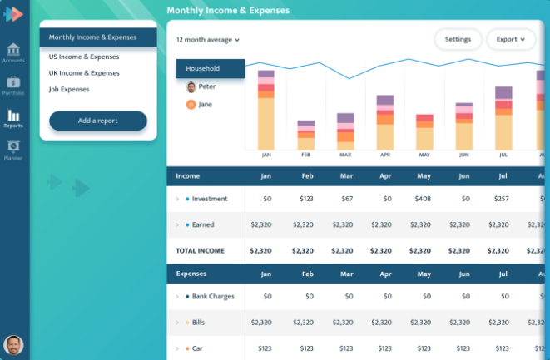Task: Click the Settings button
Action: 458,39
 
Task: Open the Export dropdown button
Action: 511,39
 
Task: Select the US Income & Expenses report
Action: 84,57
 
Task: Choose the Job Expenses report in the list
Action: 69,90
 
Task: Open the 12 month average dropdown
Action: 208,40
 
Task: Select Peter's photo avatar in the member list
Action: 191,87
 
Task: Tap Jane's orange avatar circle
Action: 191,105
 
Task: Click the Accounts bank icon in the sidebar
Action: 13,49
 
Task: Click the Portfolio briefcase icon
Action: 13,82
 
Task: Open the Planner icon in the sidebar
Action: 13,145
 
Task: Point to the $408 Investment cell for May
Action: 423,199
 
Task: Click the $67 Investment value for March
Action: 347,199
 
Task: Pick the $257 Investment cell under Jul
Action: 501,199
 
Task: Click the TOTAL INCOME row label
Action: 200,251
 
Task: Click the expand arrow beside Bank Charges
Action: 177,297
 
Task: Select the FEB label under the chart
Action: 306,155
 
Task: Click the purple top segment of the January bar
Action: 266,74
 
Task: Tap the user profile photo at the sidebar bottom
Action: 13,345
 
